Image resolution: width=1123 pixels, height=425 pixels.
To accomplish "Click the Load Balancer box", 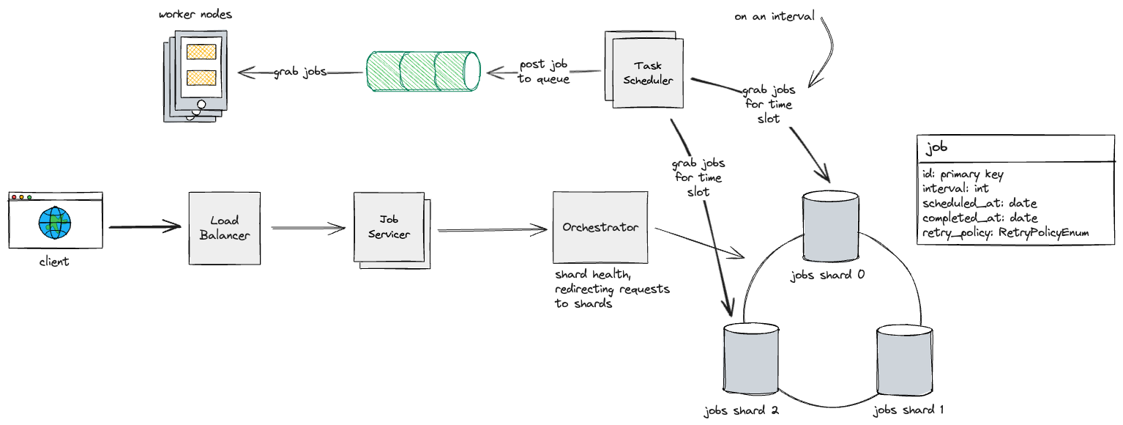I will (x=224, y=228).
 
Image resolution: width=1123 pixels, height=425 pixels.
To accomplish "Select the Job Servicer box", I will (x=389, y=229).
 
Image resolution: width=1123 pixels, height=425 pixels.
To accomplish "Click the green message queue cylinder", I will (x=422, y=72).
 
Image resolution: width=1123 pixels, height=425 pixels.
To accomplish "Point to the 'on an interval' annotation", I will (x=775, y=15).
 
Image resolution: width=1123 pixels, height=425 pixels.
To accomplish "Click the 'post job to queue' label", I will (x=544, y=72).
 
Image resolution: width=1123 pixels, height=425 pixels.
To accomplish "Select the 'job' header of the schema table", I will (x=937, y=147).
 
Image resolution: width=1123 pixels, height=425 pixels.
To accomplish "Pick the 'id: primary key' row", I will (x=963, y=174).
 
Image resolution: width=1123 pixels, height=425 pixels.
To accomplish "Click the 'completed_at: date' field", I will (x=980, y=218).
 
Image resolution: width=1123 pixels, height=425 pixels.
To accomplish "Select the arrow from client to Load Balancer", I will (x=145, y=227).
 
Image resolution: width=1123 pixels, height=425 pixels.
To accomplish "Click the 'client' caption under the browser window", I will (x=54, y=262).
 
